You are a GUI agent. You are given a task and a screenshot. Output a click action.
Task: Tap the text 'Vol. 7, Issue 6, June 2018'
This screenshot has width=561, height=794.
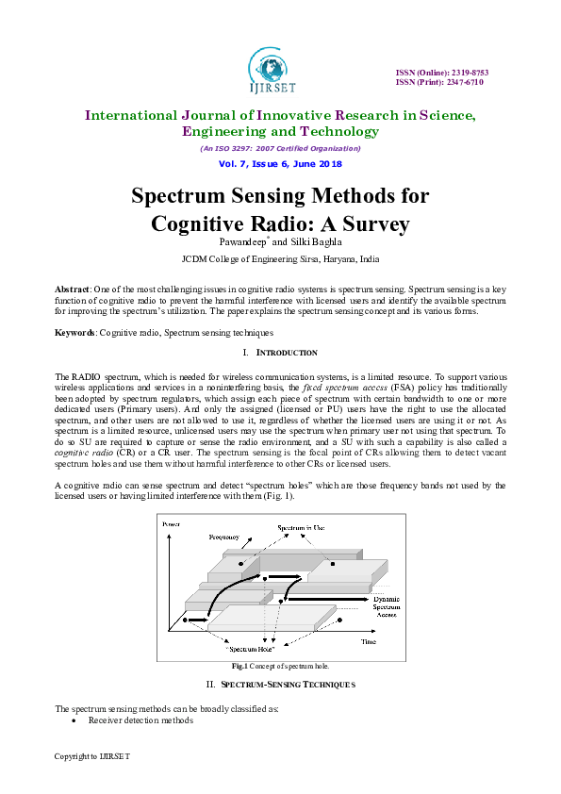click(x=280, y=163)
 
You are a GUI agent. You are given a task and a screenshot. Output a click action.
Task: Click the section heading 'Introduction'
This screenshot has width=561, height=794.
click(x=287, y=353)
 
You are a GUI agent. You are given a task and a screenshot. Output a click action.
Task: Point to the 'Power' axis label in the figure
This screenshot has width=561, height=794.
click(x=171, y=523)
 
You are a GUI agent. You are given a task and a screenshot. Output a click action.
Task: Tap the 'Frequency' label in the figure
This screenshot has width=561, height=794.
click(x=223, y=537)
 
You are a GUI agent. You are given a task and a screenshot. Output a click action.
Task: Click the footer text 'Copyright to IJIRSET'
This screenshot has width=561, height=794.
click(x=91, y=756)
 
